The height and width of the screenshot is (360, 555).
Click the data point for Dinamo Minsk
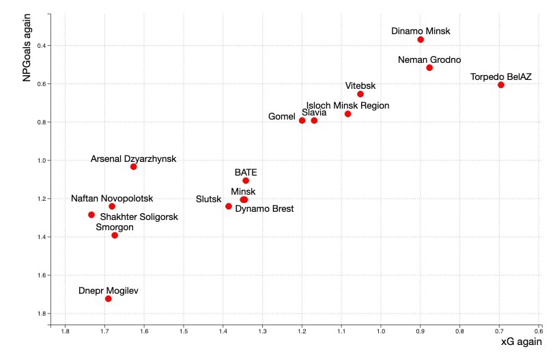click(421, 40)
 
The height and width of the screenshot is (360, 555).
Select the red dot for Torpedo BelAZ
click(501, 85)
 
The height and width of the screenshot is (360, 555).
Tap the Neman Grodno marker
click(429, 68)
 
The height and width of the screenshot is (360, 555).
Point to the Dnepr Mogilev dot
click(109, 299)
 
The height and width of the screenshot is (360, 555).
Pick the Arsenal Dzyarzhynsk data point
click(134, 167)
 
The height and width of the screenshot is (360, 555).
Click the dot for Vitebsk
click(360, 94)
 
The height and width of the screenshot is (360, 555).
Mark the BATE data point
click(246, 180)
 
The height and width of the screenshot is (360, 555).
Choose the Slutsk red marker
click(229, 206)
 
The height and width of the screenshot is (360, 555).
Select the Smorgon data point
click(115, 235)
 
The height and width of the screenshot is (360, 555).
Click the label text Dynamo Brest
click(264, 209)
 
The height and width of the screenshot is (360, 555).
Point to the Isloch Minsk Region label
click(347, 105)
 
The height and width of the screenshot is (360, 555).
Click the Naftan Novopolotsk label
click(112, 198)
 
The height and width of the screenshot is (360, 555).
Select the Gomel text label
click(281, 117)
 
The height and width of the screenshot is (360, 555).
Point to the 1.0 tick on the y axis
click(42, 161)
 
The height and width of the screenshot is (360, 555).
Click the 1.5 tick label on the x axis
click(184, 332)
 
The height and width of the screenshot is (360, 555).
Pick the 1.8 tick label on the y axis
click(42, 314)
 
